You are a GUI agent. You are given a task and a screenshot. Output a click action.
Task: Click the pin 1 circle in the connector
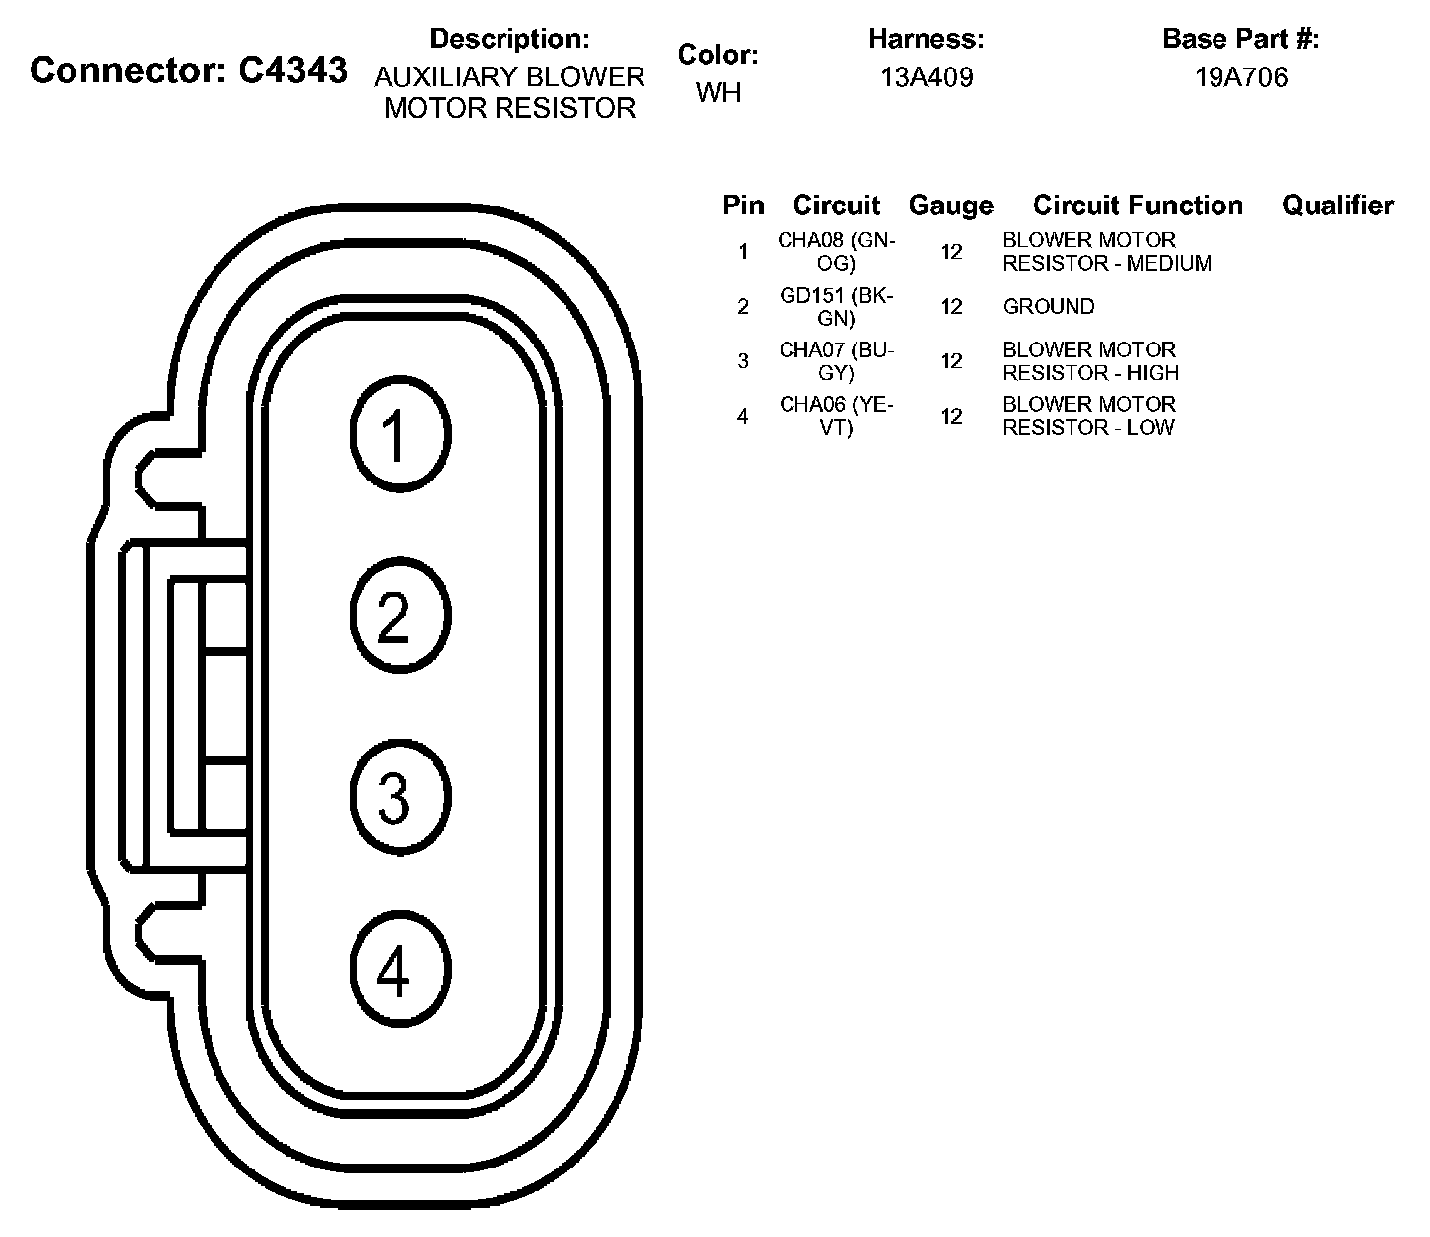[400, 434]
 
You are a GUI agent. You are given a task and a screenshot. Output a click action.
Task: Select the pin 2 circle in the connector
[400, 616]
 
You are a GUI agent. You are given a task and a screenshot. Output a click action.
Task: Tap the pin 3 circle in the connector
[400, 796]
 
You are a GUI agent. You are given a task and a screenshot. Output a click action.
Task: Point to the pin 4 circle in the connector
[400, 970]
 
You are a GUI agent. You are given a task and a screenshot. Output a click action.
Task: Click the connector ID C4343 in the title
[293, 70]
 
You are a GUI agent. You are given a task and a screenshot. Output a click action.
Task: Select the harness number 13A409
[927, 77]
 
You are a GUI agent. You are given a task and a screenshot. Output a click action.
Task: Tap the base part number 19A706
[1240, 77]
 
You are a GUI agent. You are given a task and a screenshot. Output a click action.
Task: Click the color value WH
[718, 92]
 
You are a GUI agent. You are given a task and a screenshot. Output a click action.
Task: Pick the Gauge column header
[950, 206]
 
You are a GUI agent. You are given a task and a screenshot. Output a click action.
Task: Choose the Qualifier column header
[1338, 206]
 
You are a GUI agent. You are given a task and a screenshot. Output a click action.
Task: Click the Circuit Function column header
[1137, 206]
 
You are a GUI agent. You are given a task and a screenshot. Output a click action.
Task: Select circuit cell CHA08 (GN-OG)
[836, 252]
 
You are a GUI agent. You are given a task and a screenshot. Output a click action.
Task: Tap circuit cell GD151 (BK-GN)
[836, 307]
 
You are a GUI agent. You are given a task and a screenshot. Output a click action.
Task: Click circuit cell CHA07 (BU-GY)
[836, 361]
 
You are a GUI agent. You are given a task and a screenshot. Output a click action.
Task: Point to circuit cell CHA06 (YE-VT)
[836, 416]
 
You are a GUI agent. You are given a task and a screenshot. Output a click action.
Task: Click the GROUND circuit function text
[1048, 307]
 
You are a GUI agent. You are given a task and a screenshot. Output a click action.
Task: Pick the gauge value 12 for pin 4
[951, 416]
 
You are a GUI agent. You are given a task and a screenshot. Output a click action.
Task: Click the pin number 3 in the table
[743, 361]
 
